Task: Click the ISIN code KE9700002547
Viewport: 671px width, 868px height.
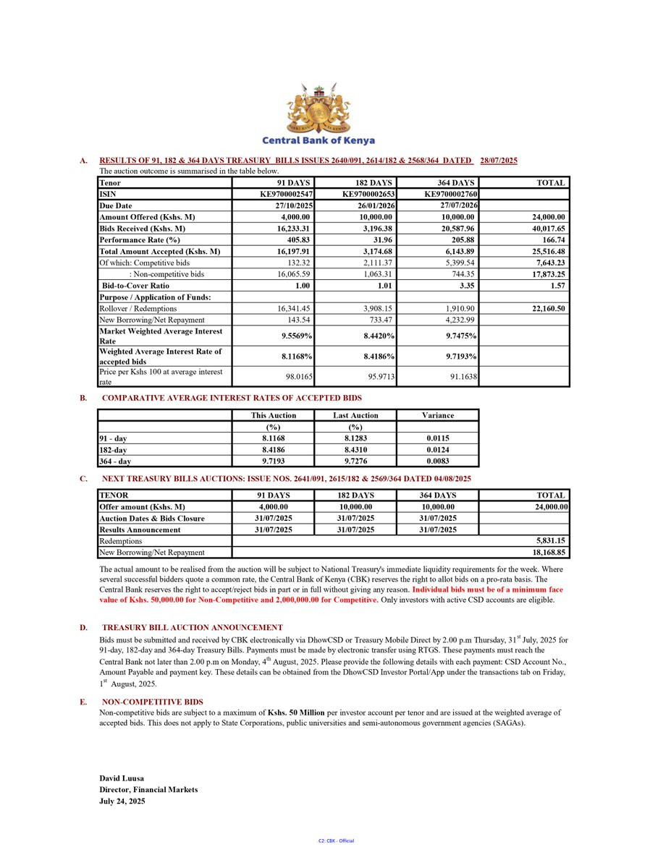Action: [x=286, y=195]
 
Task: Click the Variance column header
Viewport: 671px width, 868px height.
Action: [x=438, y=415]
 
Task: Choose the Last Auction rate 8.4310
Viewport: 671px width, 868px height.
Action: [x=355, y=450]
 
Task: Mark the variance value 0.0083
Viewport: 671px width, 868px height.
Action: [x=438, y=461]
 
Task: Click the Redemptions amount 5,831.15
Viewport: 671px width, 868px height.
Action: [x=549, y=541]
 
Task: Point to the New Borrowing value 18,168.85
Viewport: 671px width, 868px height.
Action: [x=547, y=553]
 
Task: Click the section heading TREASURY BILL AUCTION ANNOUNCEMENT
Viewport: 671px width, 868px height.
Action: [x=193, y=627]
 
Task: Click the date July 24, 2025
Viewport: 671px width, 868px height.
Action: [x=122, y=801]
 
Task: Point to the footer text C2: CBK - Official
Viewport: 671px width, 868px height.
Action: [x=336, y=841]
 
